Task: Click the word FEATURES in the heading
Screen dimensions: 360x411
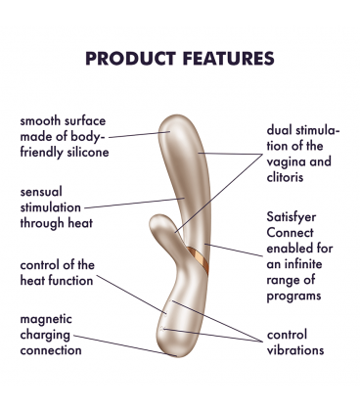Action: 224,59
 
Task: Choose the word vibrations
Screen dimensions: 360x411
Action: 295,349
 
